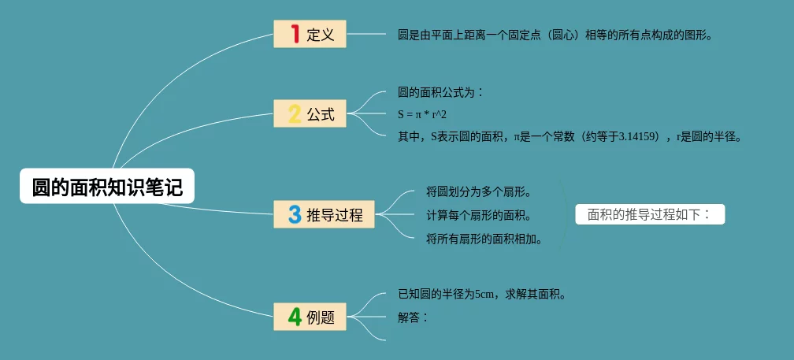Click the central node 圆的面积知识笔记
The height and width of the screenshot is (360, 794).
(x=107, y=186)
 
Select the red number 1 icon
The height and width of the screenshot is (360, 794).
(x=295, y=34)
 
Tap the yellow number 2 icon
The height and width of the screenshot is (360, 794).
(x=295, y=114)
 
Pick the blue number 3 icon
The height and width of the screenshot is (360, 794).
(x=295, y=214)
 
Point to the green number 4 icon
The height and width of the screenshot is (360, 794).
(x=295, y=317)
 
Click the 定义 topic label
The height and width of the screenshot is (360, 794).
(x=321, y=35)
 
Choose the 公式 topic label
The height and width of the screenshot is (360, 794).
(x=321, y=114)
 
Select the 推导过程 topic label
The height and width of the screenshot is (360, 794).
(x=335, y=215)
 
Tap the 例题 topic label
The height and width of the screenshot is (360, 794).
(x=321, y=317)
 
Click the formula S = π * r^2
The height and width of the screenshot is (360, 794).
(x=422, y=114)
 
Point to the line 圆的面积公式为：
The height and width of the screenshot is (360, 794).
(x=441, y=93)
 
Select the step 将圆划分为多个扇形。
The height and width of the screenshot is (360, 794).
(x=479, y=192)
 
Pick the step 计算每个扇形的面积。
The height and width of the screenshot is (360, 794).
(x=479, y=216)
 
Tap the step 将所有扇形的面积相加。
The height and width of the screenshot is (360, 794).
(x=484, y=239)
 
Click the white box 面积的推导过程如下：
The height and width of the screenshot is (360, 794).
(x=650, y=214)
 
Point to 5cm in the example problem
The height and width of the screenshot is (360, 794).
(x=484, y=294)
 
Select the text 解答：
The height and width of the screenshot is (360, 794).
(x=414, y=317)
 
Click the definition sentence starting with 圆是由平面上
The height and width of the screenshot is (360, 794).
(x=555, y=35)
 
